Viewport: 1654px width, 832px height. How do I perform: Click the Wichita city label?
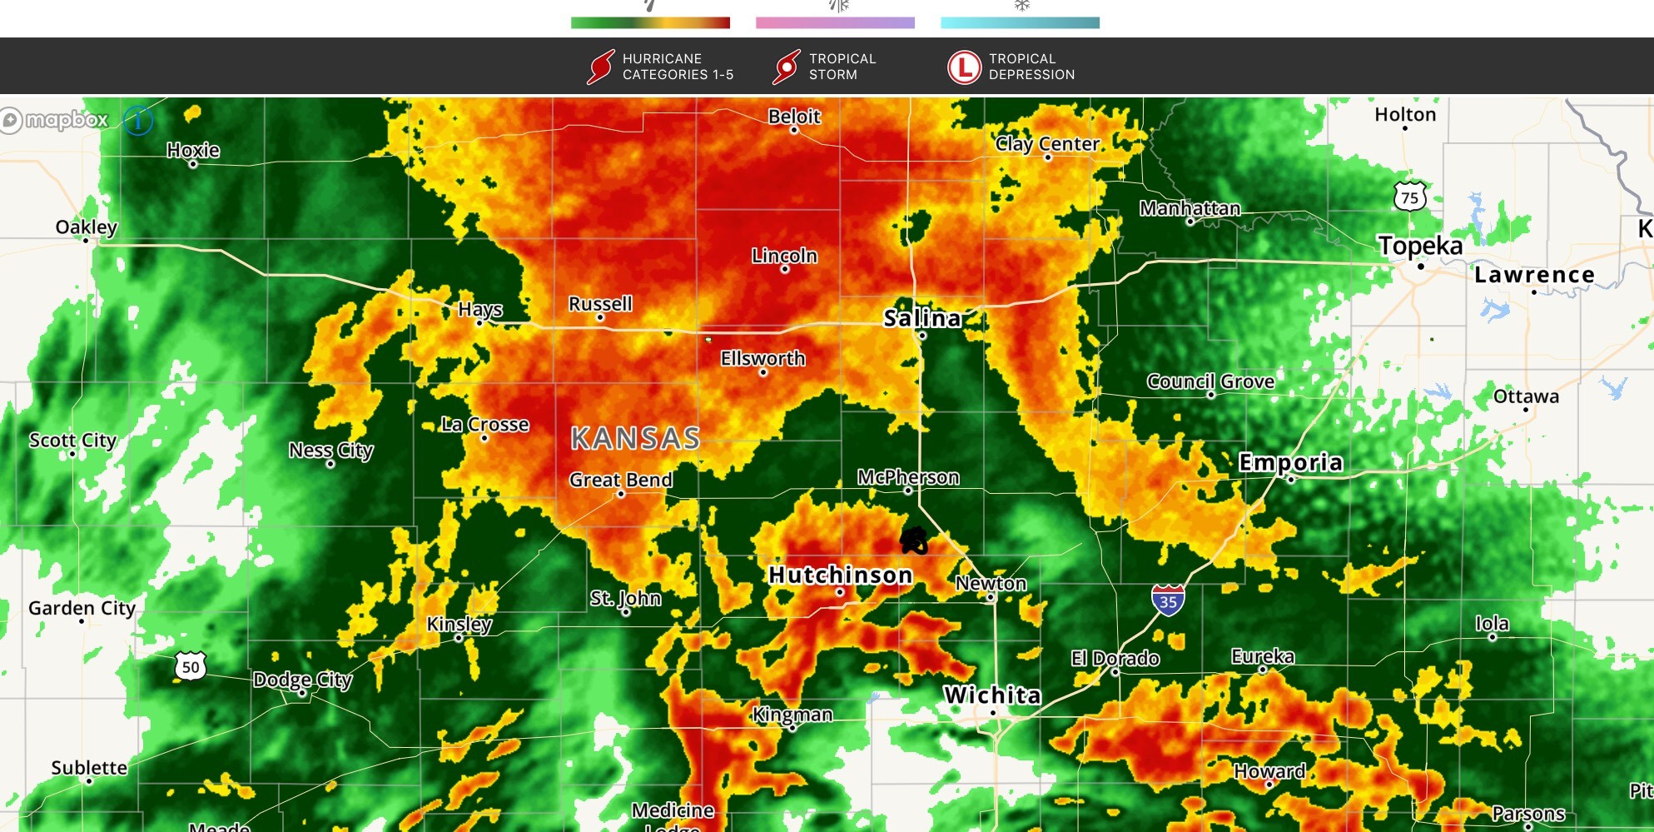tap(991, 695)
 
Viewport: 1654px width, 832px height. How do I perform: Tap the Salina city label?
tap(922, 318)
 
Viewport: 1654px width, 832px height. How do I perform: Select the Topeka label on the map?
tap(1420, 246)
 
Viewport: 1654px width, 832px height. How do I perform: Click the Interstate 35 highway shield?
tap(1168, 600)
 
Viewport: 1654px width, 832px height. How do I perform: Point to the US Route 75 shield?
tap(1409, 197)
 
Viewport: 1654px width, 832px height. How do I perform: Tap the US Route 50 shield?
tap(191, 666)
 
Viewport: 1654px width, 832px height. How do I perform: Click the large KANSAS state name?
tap(635, 438)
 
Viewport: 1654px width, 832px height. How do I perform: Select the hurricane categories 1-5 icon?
tap(600, 67)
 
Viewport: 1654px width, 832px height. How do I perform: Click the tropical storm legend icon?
tap(786, 67)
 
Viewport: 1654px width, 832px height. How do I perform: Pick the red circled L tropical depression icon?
tap(964, 67)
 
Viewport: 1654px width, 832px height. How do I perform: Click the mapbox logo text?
tap(67, 120)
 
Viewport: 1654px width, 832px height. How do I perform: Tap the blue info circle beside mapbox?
tap(138, 121)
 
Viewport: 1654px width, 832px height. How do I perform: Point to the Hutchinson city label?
tap(840, 575)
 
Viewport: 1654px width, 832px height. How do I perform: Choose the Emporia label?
tap(1290, 462)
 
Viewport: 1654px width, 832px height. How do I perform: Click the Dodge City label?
tap(303, 680)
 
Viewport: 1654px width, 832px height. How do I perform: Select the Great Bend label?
tap(621, 480)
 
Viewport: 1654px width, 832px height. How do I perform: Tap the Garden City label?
tap(82, 608)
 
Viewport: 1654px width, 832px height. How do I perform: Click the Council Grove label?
tap(1210, 381)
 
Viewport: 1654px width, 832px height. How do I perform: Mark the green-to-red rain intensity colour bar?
tap(650, 23)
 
